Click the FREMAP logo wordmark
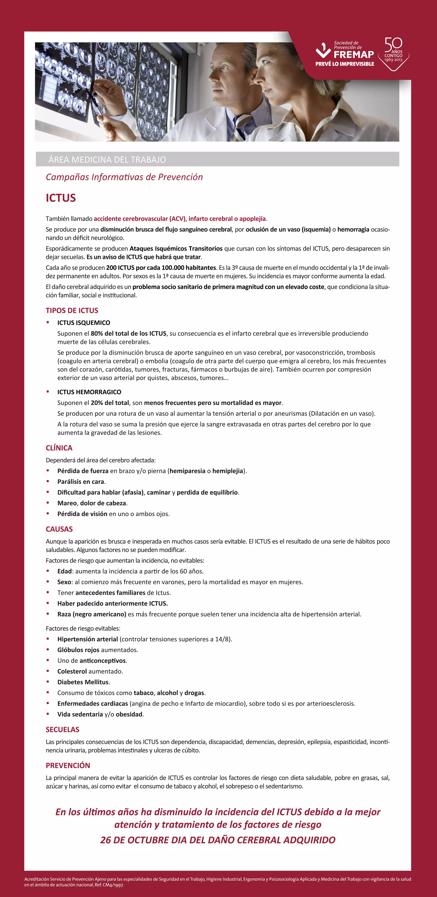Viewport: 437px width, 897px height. pos(354,55)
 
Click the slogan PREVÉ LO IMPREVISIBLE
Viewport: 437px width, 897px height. pos(344,64)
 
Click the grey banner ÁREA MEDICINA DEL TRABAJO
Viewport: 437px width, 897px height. pos(107,160)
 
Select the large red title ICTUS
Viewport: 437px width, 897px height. pos(61,198)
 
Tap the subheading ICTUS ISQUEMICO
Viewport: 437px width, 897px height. pos(83,323)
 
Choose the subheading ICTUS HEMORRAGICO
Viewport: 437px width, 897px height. pos(89,392)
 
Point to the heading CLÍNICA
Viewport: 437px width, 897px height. pos(59,448)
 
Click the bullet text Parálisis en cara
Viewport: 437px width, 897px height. pos(81,482)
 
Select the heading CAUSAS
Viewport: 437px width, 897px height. pos(59,529)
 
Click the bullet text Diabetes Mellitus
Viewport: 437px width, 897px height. pos(83,682)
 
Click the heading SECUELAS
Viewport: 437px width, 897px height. pos(63,730)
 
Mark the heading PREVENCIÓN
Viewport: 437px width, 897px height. pos(68,765)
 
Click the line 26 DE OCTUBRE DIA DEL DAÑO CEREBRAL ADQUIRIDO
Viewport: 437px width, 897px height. pos(218,840)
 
